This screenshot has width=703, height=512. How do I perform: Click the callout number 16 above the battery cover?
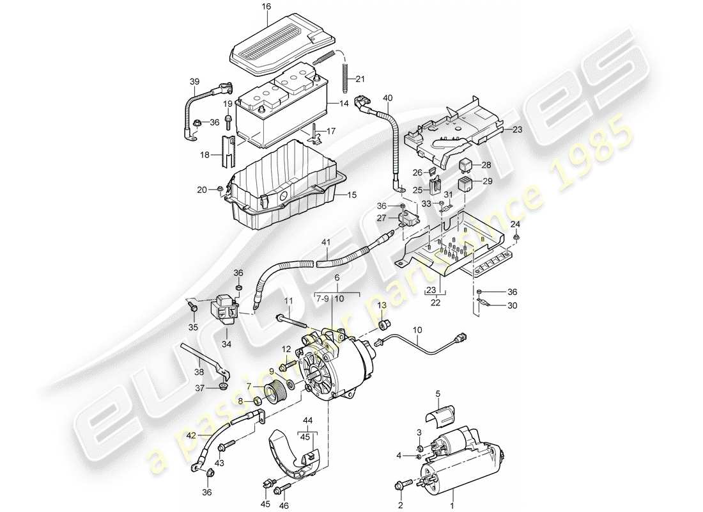[x=266, y=7]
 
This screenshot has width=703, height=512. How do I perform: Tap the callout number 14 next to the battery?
[x=344, y=103]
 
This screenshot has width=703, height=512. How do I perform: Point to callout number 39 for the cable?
[x=194, y=81]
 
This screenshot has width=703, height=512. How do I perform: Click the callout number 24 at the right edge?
[x=515, y=224]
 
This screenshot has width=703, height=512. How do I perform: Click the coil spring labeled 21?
[x=346, y=76]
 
